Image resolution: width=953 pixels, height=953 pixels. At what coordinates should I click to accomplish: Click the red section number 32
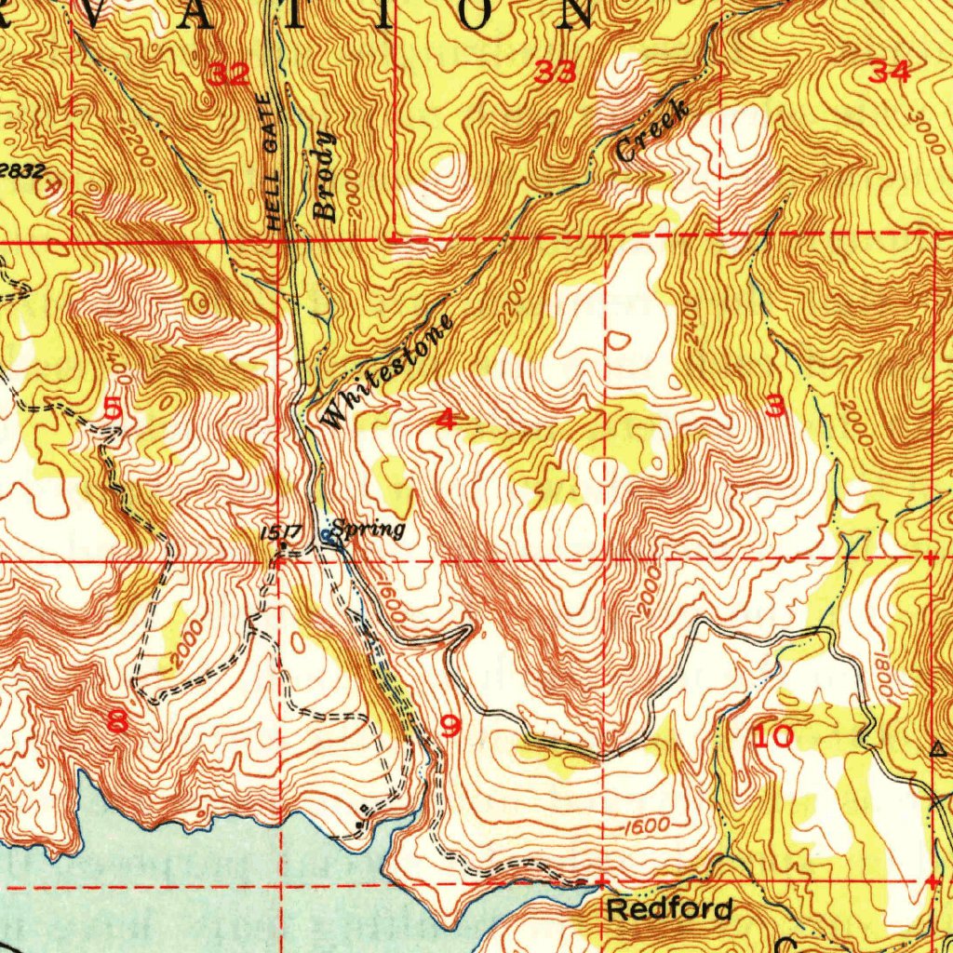(x=228, y=74)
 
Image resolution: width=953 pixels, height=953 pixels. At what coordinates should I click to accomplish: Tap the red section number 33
(x=556, y=72)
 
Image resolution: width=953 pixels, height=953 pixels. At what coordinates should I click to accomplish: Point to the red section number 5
(x=113, y=408)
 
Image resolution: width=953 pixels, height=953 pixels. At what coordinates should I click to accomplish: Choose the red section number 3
(x=774, y=406)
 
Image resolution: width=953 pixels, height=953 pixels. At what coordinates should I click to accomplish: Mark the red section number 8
(x=118, y=722)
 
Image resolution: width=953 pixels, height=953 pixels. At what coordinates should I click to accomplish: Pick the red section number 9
(x=450, y=725)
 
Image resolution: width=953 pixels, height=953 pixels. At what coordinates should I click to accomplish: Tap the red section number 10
(x=773, y=738)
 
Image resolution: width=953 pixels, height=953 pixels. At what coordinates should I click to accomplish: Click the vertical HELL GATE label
(x=273, y=163)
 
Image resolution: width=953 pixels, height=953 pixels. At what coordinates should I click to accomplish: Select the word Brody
(x=324, y=177)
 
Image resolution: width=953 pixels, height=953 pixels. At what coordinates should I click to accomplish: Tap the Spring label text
(x=369, y=530)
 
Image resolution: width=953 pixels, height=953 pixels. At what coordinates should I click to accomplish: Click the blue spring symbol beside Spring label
(x=326, y=534)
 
